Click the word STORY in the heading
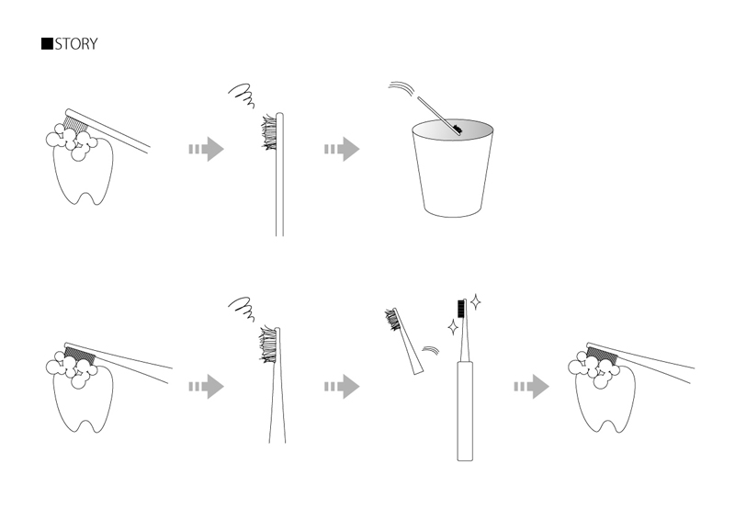click(x=76, y=44)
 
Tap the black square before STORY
click(x=48, y=43)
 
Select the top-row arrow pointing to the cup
click(x=342, y=149)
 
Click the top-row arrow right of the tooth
click(x=206, y=149)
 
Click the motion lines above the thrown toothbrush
click(x=401, y=87)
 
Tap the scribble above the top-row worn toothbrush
click(x=242, y=96)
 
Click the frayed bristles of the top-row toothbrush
click(x=269, y=132)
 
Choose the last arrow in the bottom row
click(x=532, y=387)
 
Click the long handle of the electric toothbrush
click(x=465, y=411)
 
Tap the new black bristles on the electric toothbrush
click(x=461, y=308)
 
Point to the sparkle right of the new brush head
click(x=475, y=302)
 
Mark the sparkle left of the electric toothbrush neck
click(x=453, y=327)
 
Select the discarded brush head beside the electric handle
click(x=404, y=341)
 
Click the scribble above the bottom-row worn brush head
click(x=242, y=309)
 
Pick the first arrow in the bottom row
click(x=206, y=387)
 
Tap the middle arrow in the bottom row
click(x=342, y=387)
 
